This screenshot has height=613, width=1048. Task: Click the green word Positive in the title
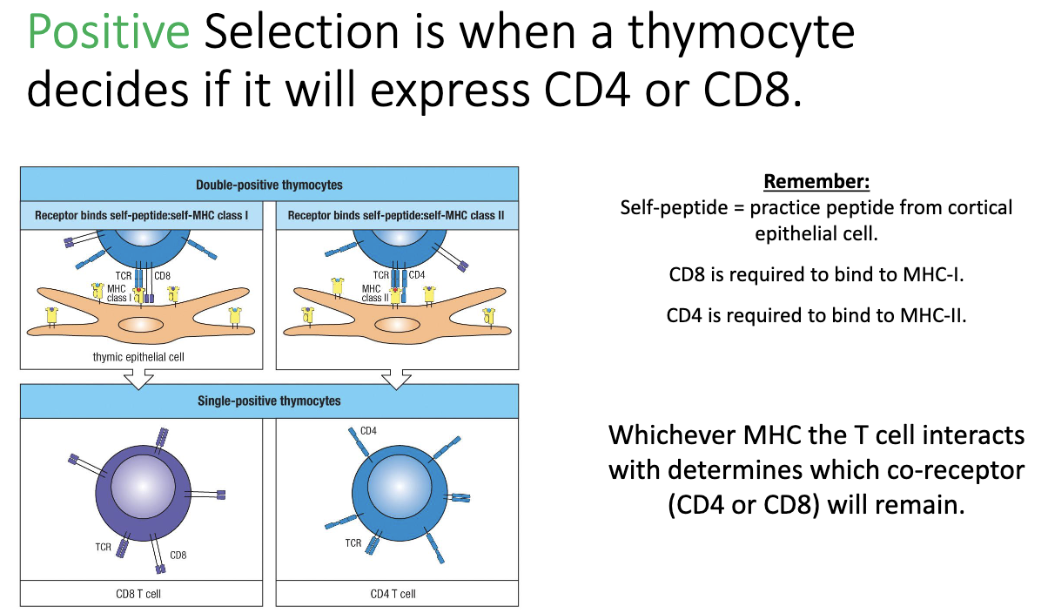point(108,32)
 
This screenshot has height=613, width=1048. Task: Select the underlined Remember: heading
point(816,183)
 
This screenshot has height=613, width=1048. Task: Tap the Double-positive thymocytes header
point(269,185)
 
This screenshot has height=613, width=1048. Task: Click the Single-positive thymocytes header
point(269,401)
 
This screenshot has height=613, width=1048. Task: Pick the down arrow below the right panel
point(397,377)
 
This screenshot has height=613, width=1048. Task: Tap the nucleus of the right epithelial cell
point(397,325)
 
